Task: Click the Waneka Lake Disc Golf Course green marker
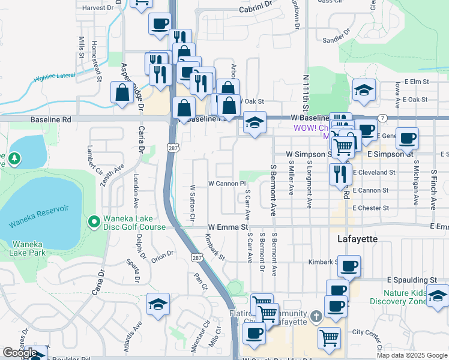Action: (94, 223)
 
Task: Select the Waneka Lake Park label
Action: (28, 248)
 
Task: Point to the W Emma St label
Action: (228, 228)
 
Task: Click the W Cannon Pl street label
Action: (228, 183)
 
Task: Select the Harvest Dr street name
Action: (98, 8)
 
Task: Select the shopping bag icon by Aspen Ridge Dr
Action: (122, 93)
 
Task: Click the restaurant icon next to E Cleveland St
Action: (340, 174)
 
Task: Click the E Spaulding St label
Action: (412, 280)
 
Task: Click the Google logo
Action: (19, 353)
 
